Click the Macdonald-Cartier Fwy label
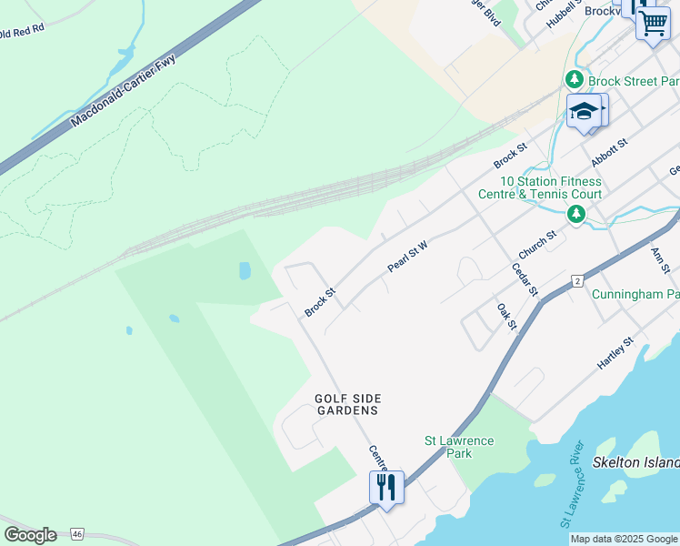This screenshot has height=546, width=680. (123, 90)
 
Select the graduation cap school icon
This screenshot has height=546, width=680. (583, 112)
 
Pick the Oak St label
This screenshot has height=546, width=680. (506, 318)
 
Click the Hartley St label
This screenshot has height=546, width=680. (615, 352)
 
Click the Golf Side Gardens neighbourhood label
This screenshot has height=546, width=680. (347, 404)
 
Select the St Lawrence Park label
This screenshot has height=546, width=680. (460, 447)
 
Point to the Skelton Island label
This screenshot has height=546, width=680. (636, 462)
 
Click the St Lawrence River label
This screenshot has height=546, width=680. (570, 484)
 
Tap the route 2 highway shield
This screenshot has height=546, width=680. (577, 281)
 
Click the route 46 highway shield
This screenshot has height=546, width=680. (78, 533)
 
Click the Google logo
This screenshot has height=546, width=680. (30, 535)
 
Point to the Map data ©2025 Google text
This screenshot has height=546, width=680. (624, 539)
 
